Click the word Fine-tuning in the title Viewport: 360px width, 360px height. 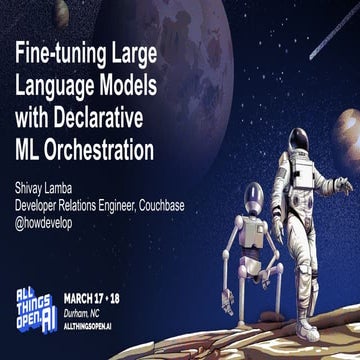[60, 50]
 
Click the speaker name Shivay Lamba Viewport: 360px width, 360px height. [46, 182]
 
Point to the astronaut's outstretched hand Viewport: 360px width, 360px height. [344, 183]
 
